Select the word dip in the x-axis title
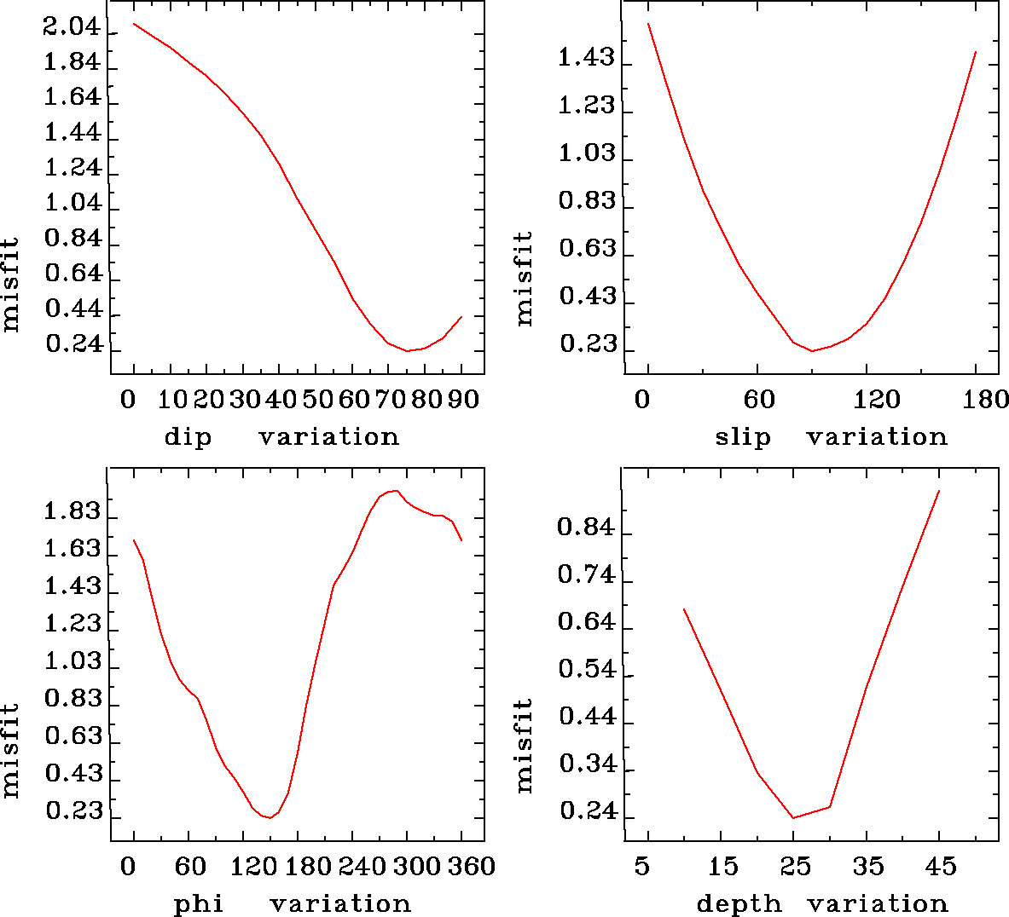tap(188, 437)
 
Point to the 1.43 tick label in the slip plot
tap(586, 58)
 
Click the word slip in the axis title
tap(742, 437)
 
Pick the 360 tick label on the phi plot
tap(472, 867)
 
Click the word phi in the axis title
tap(199, 903)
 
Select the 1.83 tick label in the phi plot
tap(73, 512)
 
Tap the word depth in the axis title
tap(739, 903)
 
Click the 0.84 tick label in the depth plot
tap(586, 528)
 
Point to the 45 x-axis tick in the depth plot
tap(942, 867)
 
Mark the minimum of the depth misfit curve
tap(793, 818)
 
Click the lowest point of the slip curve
tap(812, 350)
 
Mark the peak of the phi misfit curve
tap(393, 490)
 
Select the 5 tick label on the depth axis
tap(642, 867)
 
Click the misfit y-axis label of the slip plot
tap(524, 278)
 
